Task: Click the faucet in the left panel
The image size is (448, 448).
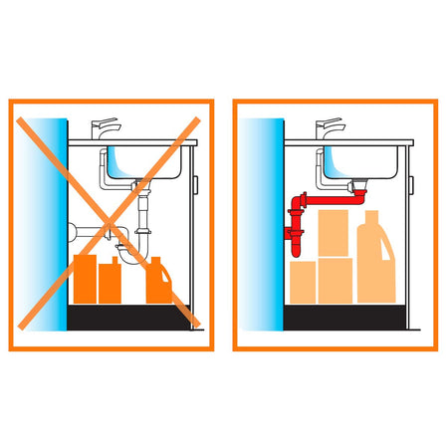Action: pos(104,129)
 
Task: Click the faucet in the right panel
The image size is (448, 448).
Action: pos(329,129)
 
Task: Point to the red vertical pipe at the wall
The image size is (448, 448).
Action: pos(296,224)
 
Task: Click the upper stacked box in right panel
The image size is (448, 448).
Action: pos(333,235)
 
